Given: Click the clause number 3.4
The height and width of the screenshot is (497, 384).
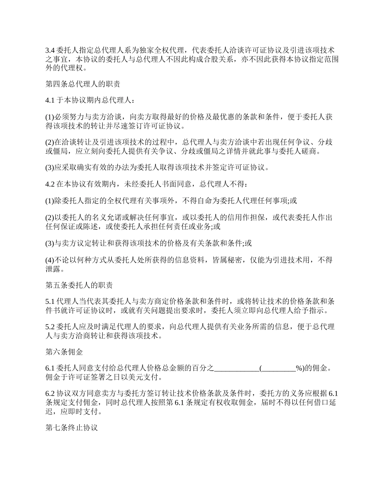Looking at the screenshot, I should (x=50, y=51).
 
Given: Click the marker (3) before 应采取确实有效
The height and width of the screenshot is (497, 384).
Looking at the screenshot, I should (x=49, y=167).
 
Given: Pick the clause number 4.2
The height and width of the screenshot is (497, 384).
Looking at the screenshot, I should (x=50, y=184).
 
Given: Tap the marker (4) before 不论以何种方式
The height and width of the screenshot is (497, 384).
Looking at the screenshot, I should (x=49, y=259).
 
